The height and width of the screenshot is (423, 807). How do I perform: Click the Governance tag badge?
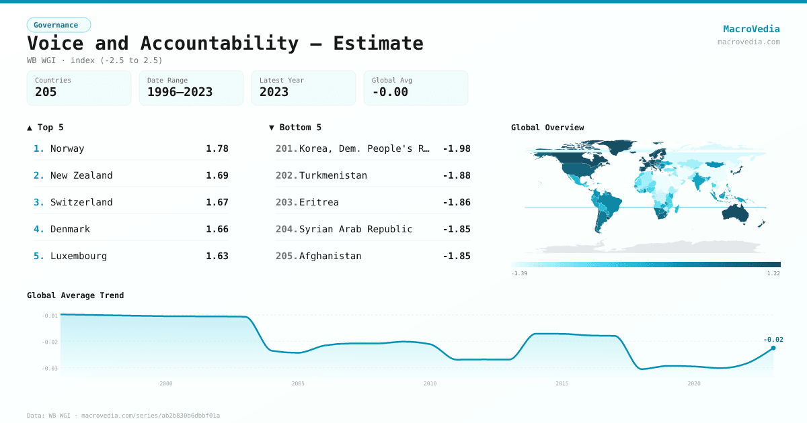59,25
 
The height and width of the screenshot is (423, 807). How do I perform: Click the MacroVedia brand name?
751,29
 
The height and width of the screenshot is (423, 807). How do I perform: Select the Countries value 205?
46,92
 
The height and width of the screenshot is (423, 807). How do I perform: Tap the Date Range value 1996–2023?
180,92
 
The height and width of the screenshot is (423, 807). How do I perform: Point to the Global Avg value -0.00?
390,92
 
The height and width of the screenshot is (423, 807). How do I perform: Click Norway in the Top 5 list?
67,148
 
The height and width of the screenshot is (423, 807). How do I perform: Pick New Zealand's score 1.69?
217,175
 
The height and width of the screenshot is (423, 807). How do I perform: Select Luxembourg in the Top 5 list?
79,256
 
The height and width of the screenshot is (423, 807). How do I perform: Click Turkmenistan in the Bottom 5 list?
333,175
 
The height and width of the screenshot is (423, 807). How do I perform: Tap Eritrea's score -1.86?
457,202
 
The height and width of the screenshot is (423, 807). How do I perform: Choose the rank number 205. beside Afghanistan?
286,256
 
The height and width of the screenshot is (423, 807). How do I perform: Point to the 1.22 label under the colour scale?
773,273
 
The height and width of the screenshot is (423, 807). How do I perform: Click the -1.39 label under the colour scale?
518,273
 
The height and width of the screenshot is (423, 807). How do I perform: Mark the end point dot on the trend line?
773,348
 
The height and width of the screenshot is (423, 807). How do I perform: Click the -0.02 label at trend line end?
773,339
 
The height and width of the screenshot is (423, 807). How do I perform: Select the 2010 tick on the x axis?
430,383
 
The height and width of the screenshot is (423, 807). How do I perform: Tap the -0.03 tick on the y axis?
50,368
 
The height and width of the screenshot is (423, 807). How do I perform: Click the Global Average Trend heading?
75,295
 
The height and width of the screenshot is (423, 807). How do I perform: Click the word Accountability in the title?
219,43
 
